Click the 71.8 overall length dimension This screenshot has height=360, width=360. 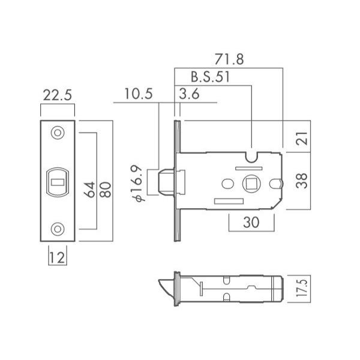pos(229,59)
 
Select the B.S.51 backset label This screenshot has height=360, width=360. pos(210,77)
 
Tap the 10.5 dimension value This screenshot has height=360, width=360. pos(138,94)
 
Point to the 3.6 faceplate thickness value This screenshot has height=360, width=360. pos(189,94)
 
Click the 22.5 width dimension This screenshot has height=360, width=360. pos(58,95)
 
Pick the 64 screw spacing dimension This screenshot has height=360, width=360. pos(89,190)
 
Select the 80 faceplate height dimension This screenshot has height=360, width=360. pos(106,190)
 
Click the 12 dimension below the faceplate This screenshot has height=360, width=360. pos(58,257)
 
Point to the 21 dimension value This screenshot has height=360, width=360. pos(302,138)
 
